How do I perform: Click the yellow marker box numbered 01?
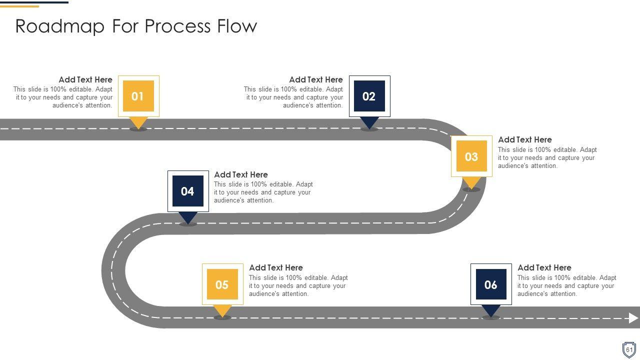point(138,96)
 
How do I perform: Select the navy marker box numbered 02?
point(369,96)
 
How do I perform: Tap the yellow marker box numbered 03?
point(471,156)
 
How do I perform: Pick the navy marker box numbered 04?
point(187,191)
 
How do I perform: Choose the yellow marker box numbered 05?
point(222,284)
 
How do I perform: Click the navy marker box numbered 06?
point(490,284)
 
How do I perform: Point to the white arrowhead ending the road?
point(633,318)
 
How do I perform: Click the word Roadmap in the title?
point(59,26)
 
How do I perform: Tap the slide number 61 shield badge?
point(629,349)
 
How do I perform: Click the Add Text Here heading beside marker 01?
point(85,79)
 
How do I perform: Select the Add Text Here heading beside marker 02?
point(316,79)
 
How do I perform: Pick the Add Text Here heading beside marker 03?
point(525,139)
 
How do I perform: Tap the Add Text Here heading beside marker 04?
point(241,174)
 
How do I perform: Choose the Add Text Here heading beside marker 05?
point(276,267)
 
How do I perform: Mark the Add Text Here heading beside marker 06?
point(544,267)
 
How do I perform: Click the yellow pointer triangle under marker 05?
point(222,310)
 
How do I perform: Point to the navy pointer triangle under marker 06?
point(491,310)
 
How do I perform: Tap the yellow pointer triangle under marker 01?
point(138,122)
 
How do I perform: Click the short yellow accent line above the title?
point(19,6)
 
